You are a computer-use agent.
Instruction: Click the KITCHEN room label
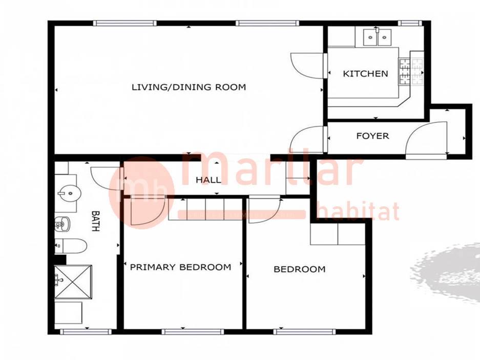click(x=365, y=73)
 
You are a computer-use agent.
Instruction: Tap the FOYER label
click(x=372, y=136)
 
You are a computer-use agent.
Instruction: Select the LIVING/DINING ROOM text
click(x=189, y=87)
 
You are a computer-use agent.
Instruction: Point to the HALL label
click(x=208, y=180)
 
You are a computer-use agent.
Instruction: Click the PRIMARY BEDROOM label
click(x=181, y=267)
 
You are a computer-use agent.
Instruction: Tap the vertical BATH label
click(x=96, y=221)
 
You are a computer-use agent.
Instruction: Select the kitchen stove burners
click(x=411, y=71)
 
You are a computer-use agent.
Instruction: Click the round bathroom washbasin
click(x=70, y=193)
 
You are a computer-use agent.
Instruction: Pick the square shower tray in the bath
click(x=73, y=281)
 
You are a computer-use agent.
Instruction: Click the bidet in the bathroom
click(x=62, y=224)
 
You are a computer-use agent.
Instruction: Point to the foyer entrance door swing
click(x=426, y=138)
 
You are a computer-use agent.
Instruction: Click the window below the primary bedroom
click(x=193, y=332)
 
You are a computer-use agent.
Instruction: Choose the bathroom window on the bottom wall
click(x=86, y=332)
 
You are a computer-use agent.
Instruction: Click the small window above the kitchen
click(x=410, y=23)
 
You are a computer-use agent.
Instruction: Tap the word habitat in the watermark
click(x=358, y=211)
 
